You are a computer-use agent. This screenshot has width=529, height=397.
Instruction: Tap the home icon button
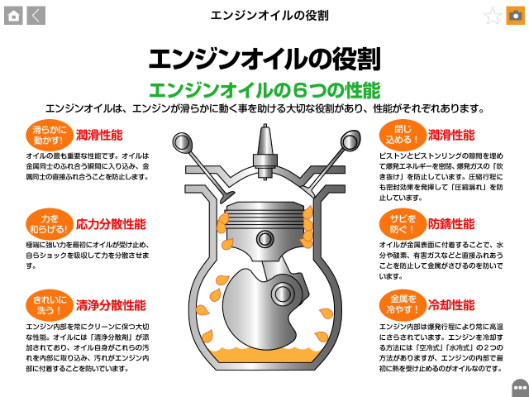click(13, 16)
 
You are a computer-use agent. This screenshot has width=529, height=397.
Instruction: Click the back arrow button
click(36, 16)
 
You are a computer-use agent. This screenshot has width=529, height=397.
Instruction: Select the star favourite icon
click(493, 16)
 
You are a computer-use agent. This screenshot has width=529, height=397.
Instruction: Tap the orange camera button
click(515, 16)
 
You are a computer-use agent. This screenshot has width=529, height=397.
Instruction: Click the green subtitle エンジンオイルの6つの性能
click(264, 90)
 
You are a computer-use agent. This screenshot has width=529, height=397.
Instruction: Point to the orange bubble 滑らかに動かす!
click(50, 135)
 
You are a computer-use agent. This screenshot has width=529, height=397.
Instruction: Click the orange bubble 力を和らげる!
click(50, 224)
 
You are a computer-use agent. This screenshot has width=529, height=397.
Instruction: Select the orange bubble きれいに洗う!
click(50, 305)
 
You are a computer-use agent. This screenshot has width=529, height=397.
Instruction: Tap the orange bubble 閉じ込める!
click(403, 135)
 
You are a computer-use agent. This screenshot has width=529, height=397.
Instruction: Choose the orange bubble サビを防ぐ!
click(403, 224)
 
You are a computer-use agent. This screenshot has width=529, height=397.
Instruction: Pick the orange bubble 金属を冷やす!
click(403, 305)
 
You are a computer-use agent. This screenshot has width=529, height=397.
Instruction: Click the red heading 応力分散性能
click(111, 224)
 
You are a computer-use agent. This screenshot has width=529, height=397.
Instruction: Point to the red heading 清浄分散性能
click(111, 305)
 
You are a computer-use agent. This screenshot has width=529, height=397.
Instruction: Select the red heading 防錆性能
click(451, 224)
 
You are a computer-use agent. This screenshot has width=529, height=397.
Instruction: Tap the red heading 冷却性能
click(451, 305)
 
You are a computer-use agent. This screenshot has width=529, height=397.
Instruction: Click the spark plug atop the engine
click(265, 152)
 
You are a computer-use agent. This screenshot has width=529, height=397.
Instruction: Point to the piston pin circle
click(264, 239)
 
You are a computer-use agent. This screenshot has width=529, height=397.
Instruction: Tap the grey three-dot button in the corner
click(521, 388)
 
